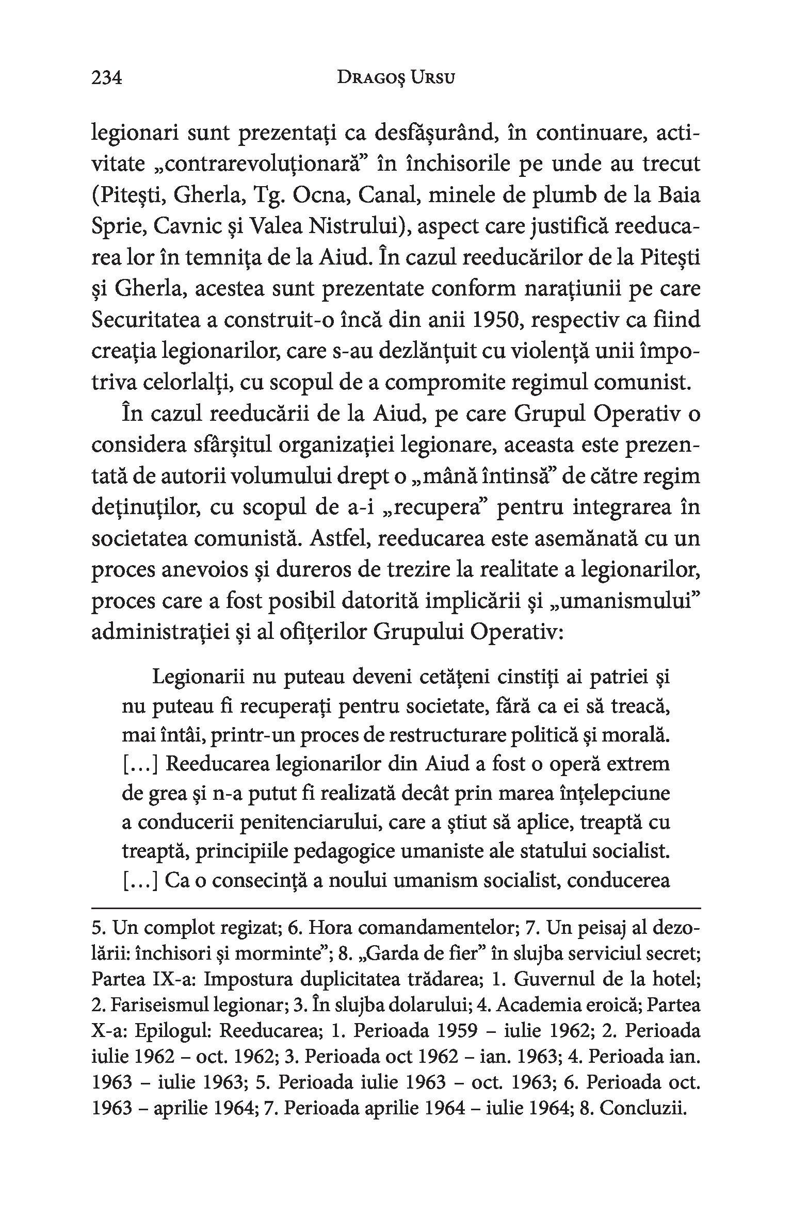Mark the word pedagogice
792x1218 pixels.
point(339,852)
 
